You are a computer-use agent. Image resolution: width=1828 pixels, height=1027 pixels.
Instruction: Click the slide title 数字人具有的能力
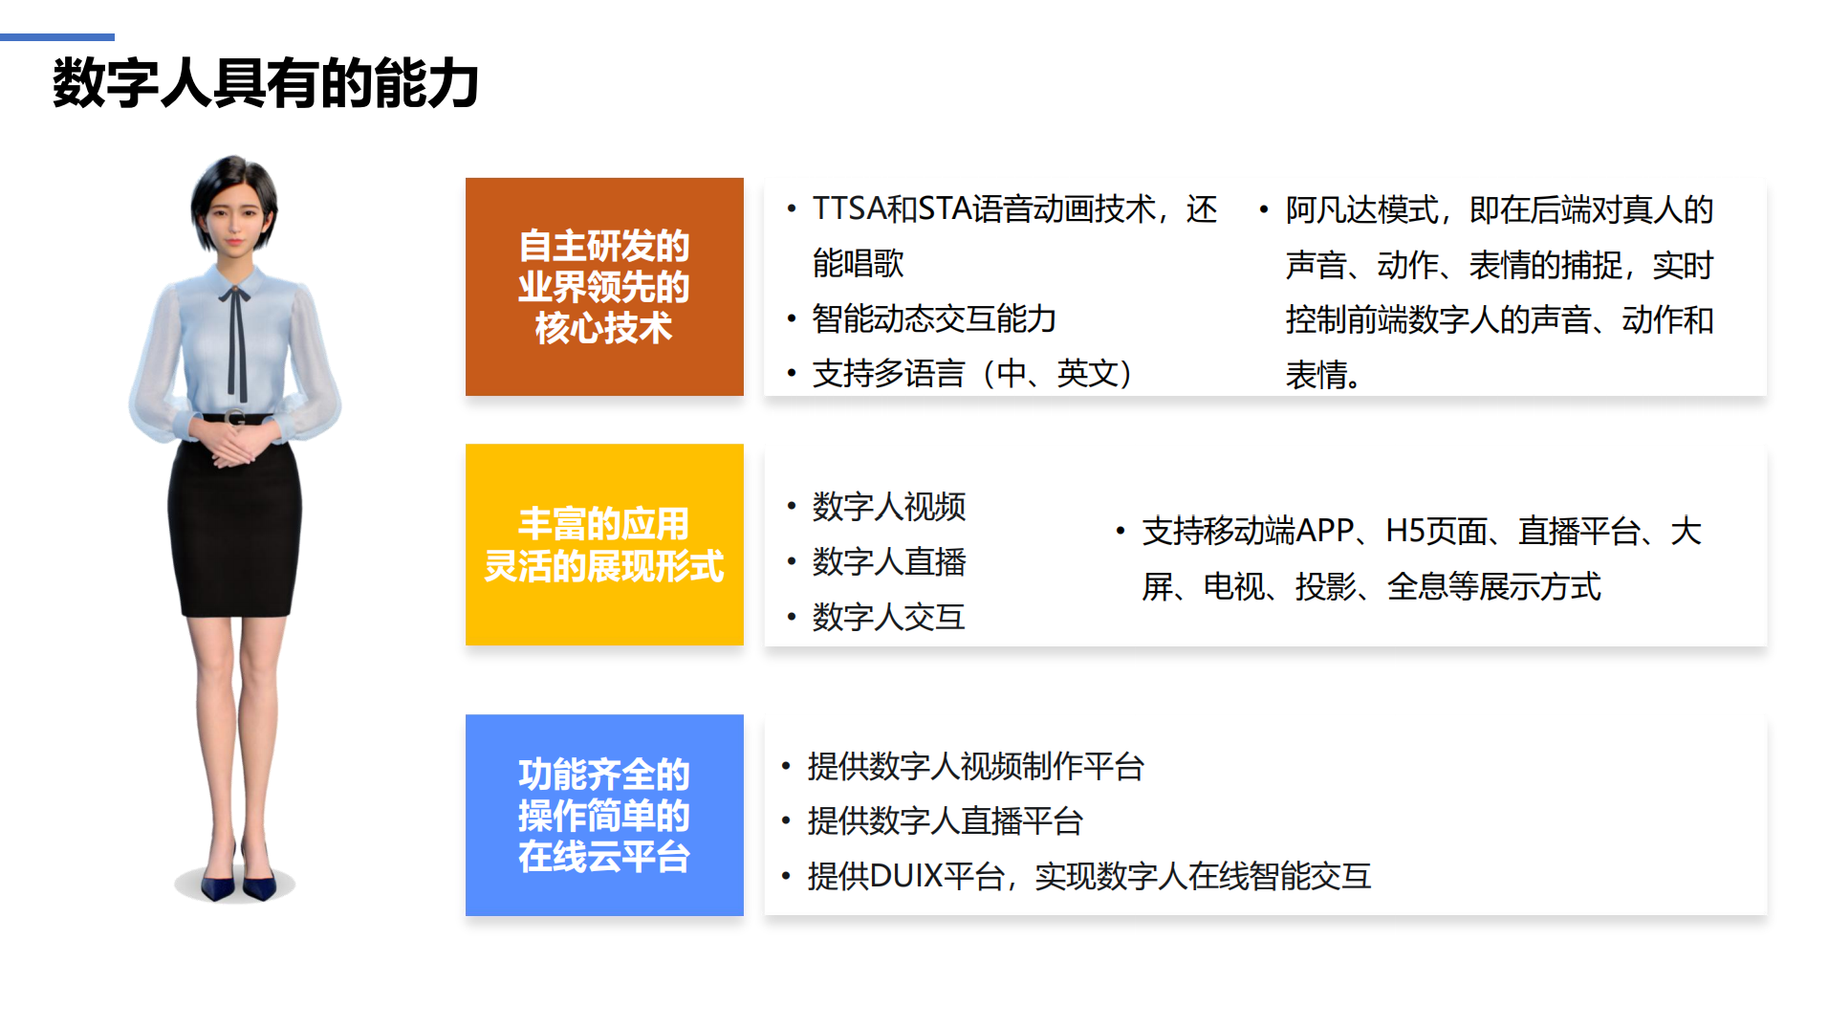coord(265,83)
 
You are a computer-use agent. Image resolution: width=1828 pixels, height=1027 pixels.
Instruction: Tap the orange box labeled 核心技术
coord(604,287)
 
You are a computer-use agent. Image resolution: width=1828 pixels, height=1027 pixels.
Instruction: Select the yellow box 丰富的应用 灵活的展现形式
coord(604,544)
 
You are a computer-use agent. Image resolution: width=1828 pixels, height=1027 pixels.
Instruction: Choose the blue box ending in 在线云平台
coord(604,815)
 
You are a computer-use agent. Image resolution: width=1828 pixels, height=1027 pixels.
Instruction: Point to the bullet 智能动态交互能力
coord(934,318)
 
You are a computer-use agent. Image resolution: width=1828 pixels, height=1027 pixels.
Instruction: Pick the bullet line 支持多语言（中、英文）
coord(973,373)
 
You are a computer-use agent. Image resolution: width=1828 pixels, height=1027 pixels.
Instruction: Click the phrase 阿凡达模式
coord(1361,209)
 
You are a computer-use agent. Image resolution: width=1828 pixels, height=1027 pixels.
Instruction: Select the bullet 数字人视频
coord(889,506)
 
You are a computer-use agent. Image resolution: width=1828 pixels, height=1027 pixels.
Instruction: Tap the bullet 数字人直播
coord(889,561)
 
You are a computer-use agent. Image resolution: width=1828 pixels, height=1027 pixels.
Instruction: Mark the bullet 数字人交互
coord(889,617)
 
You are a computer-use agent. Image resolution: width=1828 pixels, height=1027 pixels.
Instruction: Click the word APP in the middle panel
coord(1324,531)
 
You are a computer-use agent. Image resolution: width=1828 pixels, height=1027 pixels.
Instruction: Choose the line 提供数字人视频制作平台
coord(976,766)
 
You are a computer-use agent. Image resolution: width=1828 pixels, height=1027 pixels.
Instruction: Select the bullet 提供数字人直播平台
coord(946,820)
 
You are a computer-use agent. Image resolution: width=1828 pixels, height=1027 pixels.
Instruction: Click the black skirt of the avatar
coord(235,517)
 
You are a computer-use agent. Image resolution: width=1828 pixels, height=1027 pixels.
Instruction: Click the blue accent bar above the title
coord(57,37)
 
